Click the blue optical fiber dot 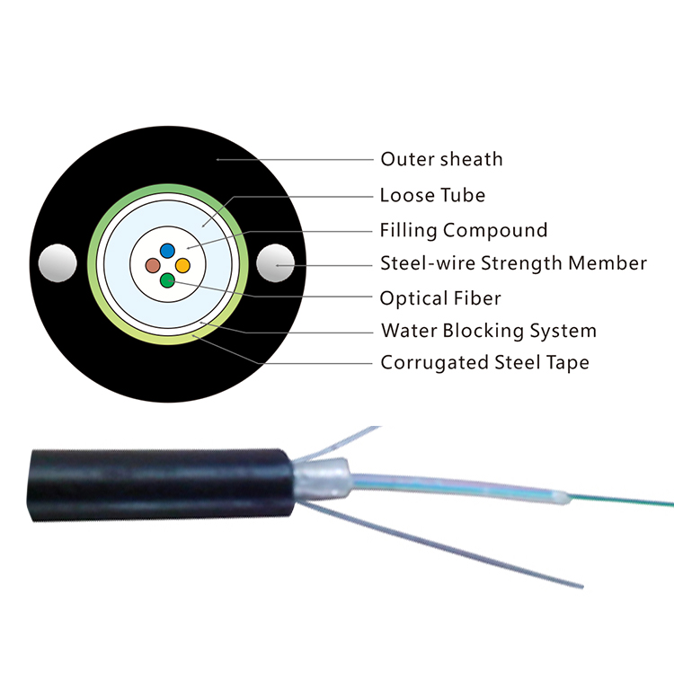click(x=167, y=250)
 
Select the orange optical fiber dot click(x=182, y=265)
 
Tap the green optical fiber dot click(x=167, y=280)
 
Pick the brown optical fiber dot click(x=153, y=265)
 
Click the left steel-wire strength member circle click(x=58, y=263)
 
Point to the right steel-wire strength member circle click(x=276, y=263)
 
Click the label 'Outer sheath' click(x=441, y=159)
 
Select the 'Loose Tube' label click(x=432, y=195)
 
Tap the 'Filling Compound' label click(x=464, y=230)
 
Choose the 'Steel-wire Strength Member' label click(x=514, y=263)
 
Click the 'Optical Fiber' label click(x=440, y=297)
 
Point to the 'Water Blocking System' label click(x=489, y=331)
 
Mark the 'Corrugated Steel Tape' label click(x=485, y=362)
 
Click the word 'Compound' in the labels click(x=495, y=230)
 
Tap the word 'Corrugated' click(x=435, y=363)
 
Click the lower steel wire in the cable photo click(x=440, y=544)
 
